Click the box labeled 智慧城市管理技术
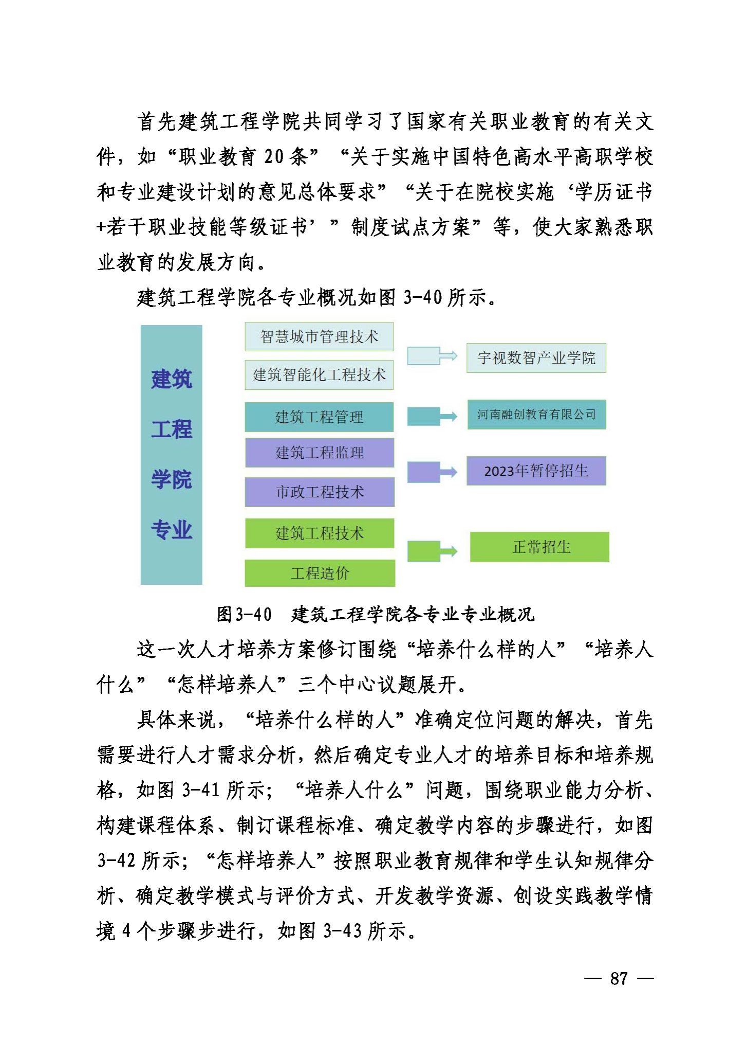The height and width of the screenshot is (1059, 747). (319, 337)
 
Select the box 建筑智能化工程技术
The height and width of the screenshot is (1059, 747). (319, 375)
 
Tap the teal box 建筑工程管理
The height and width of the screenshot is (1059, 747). (319, 417)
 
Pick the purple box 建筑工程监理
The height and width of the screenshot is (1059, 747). (320, 453)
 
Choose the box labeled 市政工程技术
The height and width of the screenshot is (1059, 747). (320, 492)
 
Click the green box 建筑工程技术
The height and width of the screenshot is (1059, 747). (320, 533)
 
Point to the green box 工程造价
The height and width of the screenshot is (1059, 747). (320, 573)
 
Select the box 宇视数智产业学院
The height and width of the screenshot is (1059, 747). (536, 358)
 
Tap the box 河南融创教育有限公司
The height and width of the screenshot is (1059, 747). (536, 415)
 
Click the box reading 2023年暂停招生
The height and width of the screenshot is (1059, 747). (536, 471)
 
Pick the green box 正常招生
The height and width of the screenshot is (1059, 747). (539, 547)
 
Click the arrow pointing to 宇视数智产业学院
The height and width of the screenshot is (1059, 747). (432, 356)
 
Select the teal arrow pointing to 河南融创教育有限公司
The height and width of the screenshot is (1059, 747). (432, 416)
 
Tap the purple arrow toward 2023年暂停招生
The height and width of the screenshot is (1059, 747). (432, 472)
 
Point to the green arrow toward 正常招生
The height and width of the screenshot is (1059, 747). (432, 551)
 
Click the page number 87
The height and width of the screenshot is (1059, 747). (619, 978)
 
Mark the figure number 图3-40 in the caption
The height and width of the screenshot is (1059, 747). (244, 614)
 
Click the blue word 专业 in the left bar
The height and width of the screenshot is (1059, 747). (172, 530)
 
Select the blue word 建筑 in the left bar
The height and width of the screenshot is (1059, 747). (172, 379)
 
